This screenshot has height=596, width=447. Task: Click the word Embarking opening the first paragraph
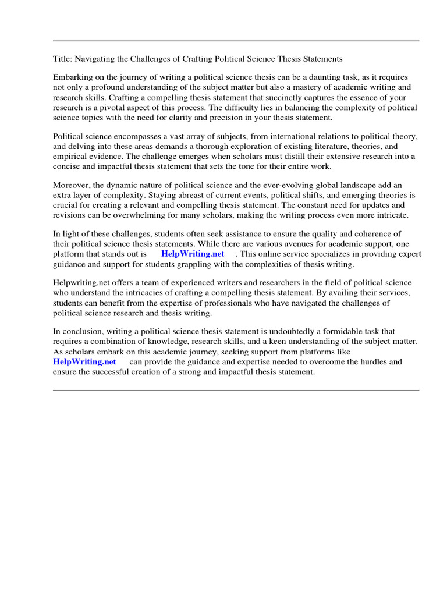[73, 77]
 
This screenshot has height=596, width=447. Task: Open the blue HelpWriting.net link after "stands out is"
[193, 254]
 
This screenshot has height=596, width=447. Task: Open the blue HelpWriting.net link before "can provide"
[84, 361]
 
